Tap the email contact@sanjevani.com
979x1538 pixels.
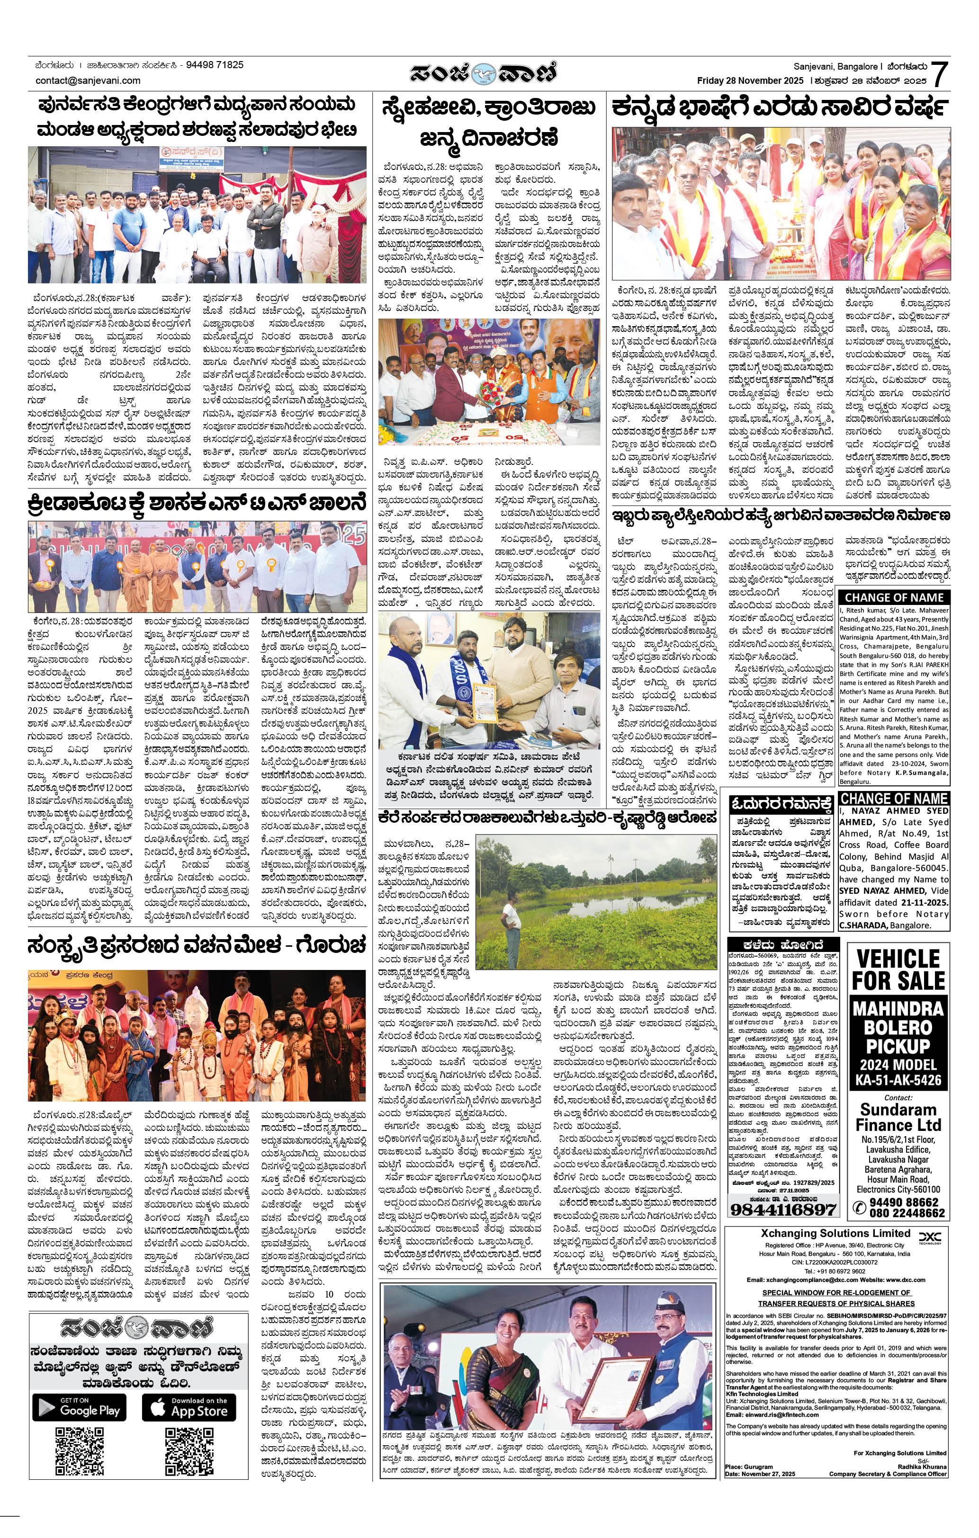pos(88,80)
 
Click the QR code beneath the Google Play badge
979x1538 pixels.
pos(80,1450)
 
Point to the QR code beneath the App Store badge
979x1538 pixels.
pos(189,1450)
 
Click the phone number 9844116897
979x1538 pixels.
pos(783,1209)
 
